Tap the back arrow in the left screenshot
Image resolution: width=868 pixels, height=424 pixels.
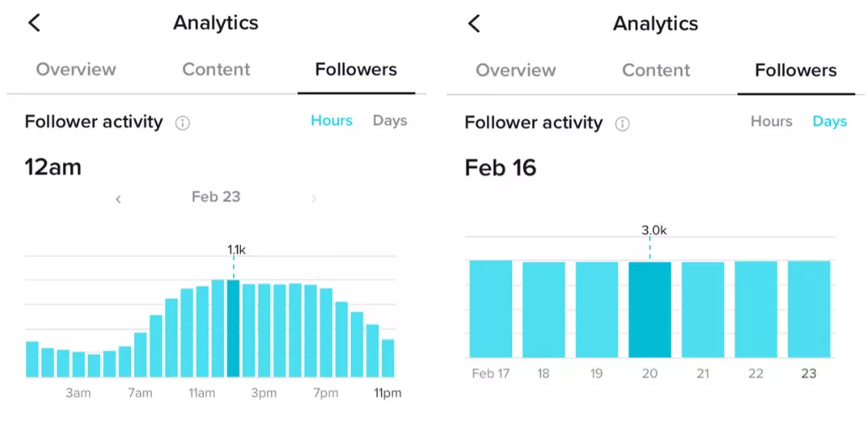[x=34, y=23]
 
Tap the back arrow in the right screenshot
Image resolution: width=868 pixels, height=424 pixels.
[x=474, y=23]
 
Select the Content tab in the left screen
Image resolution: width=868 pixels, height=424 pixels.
[x=216, y=69]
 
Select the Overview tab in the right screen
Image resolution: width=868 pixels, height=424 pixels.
[x=515, y=70]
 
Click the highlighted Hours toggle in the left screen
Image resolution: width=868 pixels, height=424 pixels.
[x=332, y=121]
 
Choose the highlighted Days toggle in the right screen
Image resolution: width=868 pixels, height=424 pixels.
[x=829, y=122]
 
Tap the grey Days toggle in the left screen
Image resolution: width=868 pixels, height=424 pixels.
[x=390, y=121]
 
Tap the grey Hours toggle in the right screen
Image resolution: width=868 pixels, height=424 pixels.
[x=771, y=122]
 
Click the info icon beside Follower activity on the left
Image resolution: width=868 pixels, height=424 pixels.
[x=182, y=123]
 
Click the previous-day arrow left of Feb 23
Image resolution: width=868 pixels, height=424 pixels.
[x=118, y=199]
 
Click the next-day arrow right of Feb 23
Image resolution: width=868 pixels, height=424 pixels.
[x=314, y=199]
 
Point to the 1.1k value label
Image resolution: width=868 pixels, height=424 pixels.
[x=236, y=249]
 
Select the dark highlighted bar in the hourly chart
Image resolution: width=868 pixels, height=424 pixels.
[x=233, y=328]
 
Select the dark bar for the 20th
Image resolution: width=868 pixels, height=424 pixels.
[x=650, y=310]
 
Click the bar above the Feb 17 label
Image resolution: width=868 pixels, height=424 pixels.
[x=490, y=309]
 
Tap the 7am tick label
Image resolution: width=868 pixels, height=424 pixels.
[x=139, y=393]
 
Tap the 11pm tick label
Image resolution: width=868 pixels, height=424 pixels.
[x=388, y=393]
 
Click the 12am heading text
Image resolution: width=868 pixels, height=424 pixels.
[x=53, y=167]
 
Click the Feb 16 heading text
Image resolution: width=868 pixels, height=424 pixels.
[x=500, y=168]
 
